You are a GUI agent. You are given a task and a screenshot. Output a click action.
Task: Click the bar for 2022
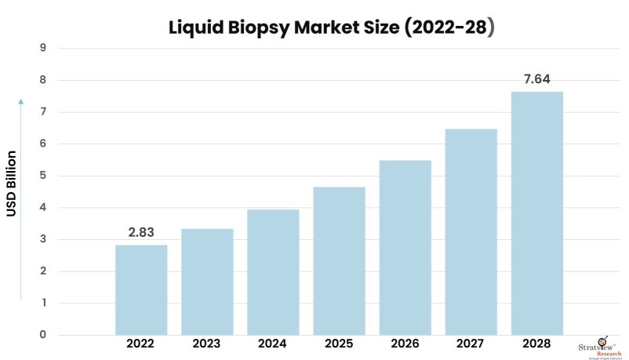(x=141, y=290)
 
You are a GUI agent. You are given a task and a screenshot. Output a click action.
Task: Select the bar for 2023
(x=207, y=282)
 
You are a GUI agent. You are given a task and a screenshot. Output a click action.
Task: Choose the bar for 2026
(x=405, y=248)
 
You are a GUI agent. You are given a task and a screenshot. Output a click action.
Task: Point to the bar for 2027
(x=471, y=232)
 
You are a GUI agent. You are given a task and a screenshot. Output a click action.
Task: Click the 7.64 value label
(x=536, y=79)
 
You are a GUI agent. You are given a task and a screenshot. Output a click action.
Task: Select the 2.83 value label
(x=141, y=232)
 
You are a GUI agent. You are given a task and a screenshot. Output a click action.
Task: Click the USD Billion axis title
(x=13, y=184)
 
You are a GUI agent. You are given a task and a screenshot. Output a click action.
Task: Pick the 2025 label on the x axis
(x=339, y=344)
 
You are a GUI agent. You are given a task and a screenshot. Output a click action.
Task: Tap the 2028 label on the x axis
(x=536, y=344)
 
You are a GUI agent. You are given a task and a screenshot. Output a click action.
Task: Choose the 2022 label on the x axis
(x=141, y=344)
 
